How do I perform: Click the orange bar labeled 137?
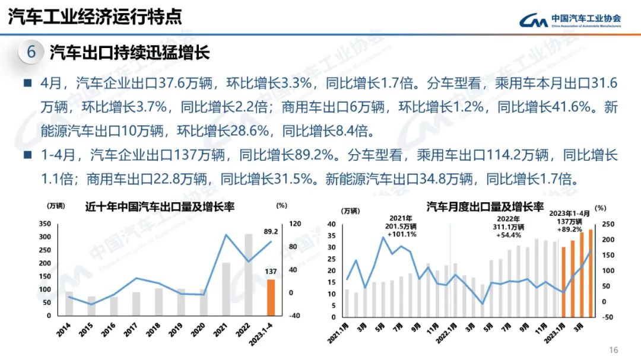(x=270, y=298)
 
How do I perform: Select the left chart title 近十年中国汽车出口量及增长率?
(x=160, y=207)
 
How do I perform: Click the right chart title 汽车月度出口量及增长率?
(x=485, y=207)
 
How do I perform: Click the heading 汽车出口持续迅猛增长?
(x=129, y=53)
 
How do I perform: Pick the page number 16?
(x=614, y=349)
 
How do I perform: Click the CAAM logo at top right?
(x=570, y=20)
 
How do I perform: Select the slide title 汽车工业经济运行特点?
(x=95, y=17)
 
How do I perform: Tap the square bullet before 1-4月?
(x=27, y=155)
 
